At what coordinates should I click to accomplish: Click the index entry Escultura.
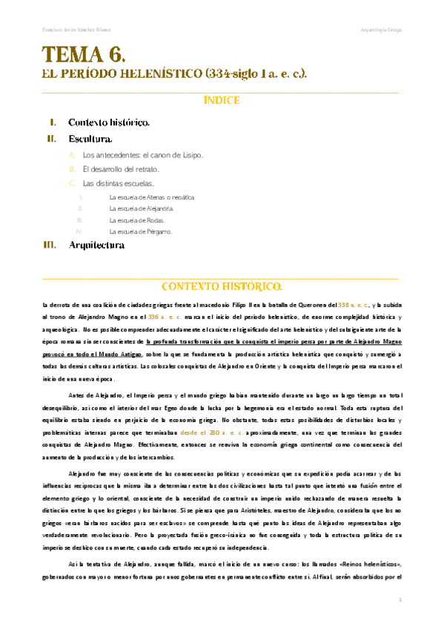click(x=90, y=139)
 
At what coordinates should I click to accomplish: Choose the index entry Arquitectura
click(x=96, y=245)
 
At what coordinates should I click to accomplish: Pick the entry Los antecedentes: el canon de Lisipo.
click(x=143, y=155)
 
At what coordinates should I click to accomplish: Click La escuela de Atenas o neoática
click(x=151, y=197)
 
